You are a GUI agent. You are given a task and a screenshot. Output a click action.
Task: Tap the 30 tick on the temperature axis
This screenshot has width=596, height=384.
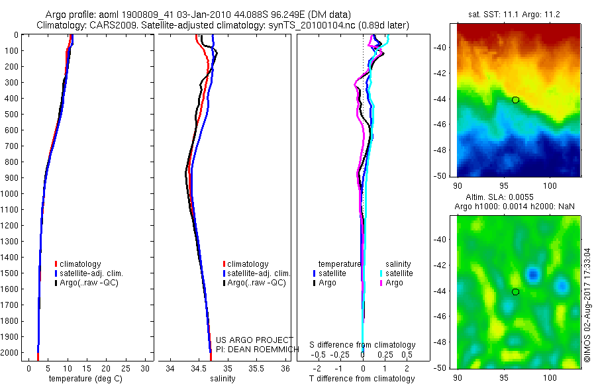click(x=146, y=368)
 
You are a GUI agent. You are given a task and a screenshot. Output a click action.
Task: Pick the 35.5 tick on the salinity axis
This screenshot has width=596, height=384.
click(x=257, y=368)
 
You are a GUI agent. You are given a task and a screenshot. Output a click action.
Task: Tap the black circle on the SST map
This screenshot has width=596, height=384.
click(x=515, y=100)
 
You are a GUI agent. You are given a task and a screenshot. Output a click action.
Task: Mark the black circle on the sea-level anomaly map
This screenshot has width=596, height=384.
click(x=515, y=292)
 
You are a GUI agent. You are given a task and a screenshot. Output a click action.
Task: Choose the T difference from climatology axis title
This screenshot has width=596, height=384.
click(x=363, y=379)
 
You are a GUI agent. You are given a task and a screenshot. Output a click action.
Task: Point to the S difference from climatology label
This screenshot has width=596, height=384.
click(x=363, y=345)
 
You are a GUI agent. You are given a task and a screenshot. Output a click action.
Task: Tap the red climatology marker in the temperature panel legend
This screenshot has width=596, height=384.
click(x=56, y=264)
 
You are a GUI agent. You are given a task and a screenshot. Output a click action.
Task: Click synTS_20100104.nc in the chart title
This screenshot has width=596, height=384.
click(x=300, y=25)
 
